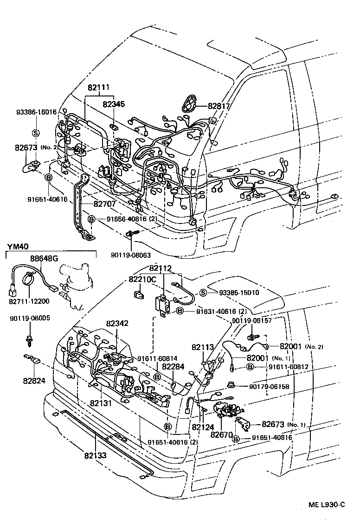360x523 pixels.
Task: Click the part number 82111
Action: click(98, 88)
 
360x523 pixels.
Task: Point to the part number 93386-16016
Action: click(36, 112)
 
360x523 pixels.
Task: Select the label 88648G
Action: click(45, 258)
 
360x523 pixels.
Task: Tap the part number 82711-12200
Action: click(29, 301)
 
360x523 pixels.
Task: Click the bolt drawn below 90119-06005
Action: click(30, 340)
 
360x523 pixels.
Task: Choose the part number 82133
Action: click(96, 455)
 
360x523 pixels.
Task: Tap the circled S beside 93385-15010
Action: click(203, 293)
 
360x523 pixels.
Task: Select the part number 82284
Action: click(174, 367)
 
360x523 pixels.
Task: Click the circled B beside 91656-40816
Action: click(92, 219)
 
